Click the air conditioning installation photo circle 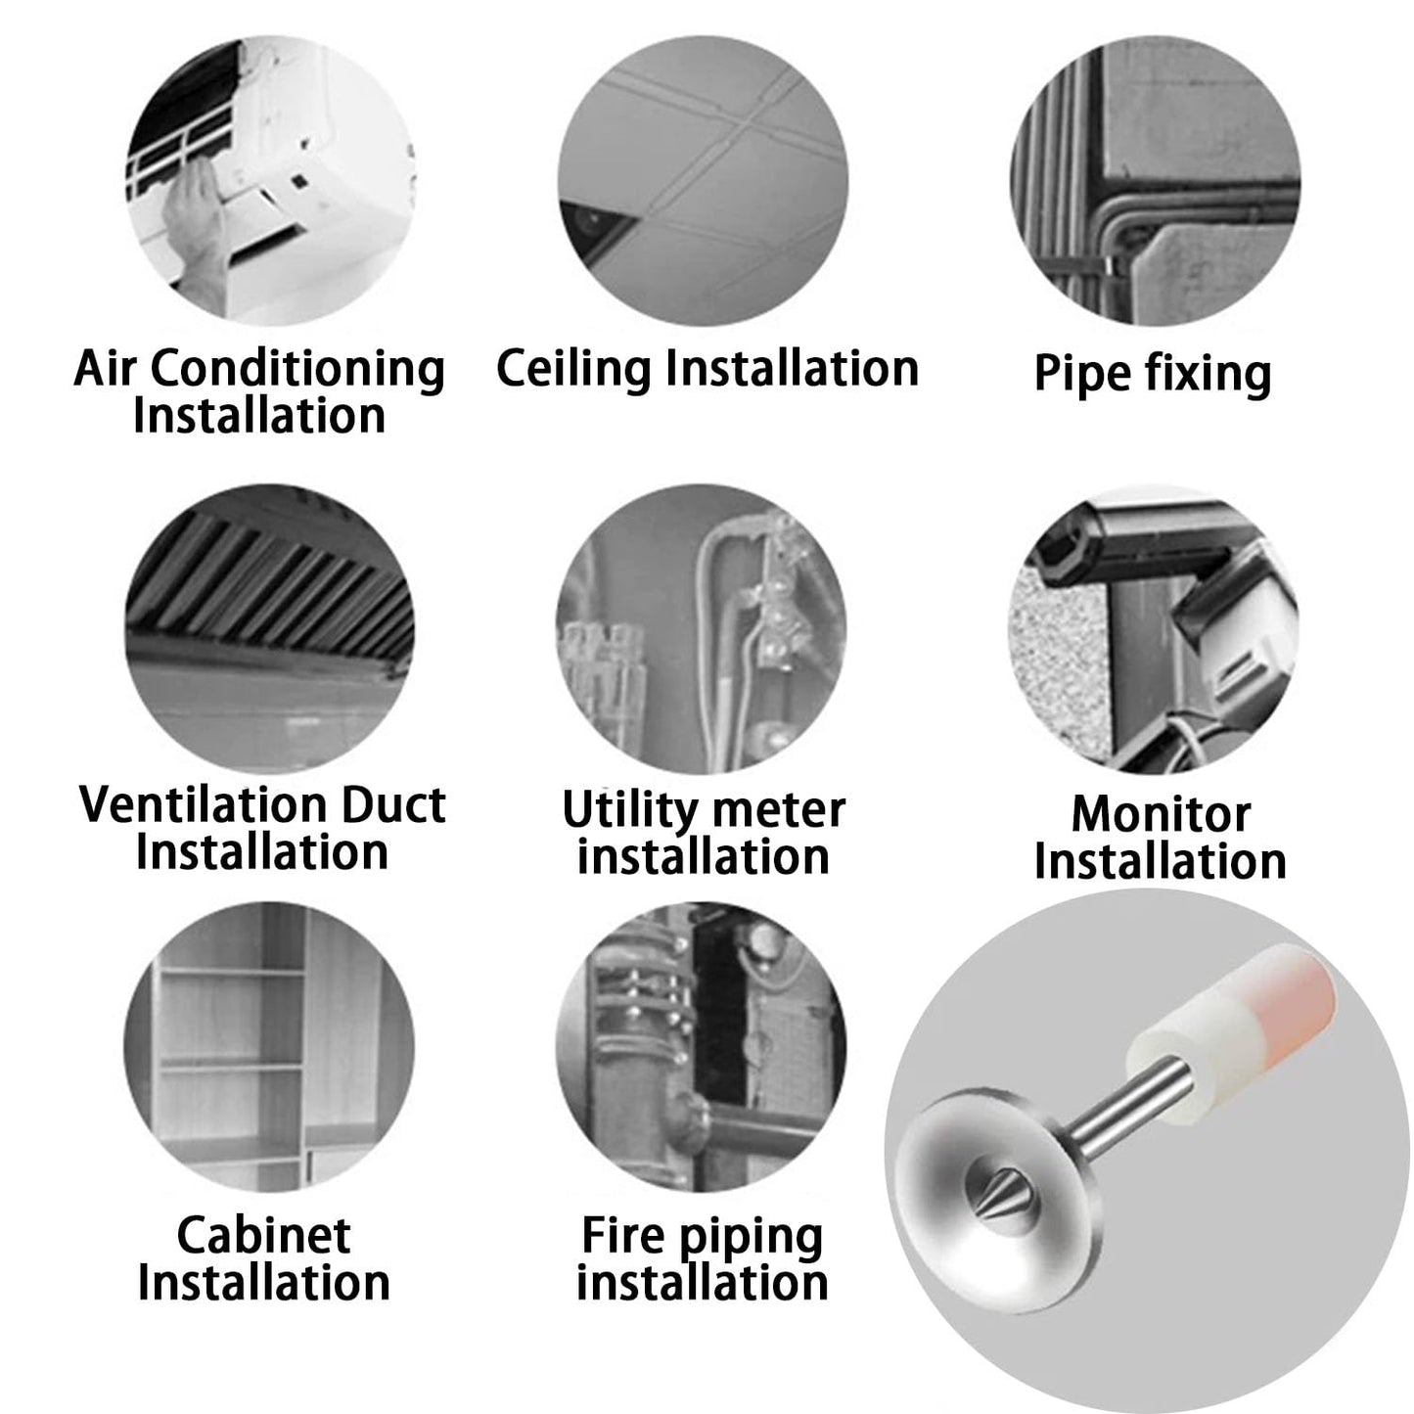click(x=270, y=180)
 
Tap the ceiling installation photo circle click(x=703, y=180)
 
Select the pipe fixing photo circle click(x=1155, y=180)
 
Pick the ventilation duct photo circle click(x=269, y=629)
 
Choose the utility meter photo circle click(x=701, y=629)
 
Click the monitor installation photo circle click(x=1154, y=629)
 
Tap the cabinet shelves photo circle click(x=268, y=1047)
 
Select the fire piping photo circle click(x=701, y=1047)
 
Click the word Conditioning click(x=297, y=370)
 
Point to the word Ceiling click(x=573, y=369)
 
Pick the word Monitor click(x=1161, y=814)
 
